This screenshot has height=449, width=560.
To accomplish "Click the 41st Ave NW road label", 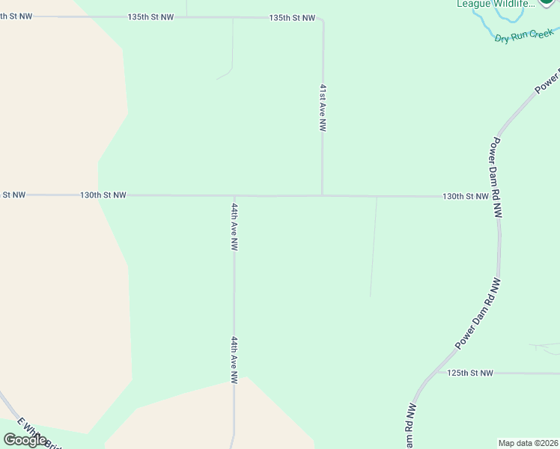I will coord(323,108).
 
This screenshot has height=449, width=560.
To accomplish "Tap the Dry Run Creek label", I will coord(523,35).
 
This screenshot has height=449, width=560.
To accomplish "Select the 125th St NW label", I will coord(471,373).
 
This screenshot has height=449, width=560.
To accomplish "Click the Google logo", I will coord(25,440).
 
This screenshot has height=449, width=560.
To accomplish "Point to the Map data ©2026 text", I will coord(528,443).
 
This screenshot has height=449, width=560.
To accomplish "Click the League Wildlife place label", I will coord(496,4).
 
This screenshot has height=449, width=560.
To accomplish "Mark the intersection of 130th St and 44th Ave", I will coord(234,196).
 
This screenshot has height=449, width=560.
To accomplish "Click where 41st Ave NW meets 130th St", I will coord(322,196).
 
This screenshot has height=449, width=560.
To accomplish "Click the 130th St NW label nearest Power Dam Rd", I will coord(465,196).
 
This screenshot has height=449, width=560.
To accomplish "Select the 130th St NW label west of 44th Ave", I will coord(103,195).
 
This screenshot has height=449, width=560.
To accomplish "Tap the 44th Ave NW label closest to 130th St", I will coord(234,227).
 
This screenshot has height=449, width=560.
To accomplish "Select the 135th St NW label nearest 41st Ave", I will coord(292,17).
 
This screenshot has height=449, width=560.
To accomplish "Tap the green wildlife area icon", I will coord(549,3).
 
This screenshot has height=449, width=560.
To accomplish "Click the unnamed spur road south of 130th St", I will coord(373,247).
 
